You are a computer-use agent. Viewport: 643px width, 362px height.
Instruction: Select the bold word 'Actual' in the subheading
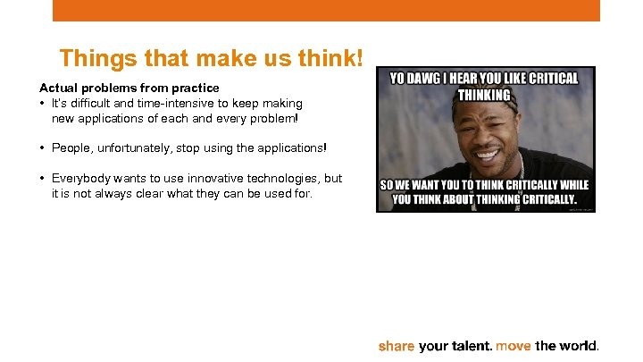[x=57, y=88]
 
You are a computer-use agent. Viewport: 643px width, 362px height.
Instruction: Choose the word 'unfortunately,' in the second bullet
[x=133, y=147]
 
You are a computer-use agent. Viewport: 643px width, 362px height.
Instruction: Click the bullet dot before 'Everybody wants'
[x=43, y=178]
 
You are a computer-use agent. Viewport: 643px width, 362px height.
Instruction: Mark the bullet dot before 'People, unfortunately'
[x=43, y=147]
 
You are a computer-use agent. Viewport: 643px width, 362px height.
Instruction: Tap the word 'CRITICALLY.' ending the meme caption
[x=551, y=199]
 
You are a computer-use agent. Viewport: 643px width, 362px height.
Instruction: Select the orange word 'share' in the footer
[x=397, y=346]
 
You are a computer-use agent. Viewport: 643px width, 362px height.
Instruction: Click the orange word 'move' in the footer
[x=513, y=346]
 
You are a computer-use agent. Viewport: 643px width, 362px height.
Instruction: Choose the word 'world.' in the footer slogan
[x=580, y=346]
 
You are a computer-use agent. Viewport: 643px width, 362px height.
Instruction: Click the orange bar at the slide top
[x=326, y=10]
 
